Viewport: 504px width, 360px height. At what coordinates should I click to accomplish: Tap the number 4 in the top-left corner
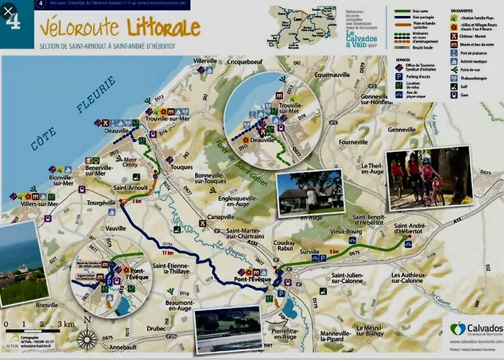(x=12, y=20)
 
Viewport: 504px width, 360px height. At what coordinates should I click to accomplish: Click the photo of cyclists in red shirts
(x=419, y=178)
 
